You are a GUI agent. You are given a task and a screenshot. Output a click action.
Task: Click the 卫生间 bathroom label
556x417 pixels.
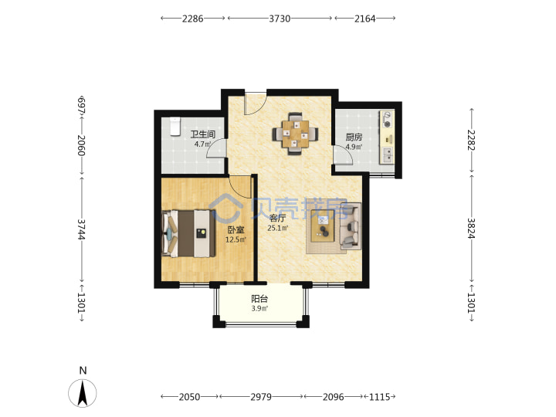203,134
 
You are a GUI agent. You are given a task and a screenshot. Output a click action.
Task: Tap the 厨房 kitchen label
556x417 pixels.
354,137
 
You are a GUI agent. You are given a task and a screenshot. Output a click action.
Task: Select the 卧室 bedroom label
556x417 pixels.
236,230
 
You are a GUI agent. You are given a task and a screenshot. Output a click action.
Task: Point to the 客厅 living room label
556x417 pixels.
277,218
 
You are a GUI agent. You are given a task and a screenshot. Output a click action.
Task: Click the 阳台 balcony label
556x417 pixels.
259,299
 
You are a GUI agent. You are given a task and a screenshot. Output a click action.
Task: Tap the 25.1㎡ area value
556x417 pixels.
278,228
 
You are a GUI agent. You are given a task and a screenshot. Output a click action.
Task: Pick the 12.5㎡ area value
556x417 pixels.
236,239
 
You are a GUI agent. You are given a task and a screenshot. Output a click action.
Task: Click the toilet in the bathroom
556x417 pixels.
175,126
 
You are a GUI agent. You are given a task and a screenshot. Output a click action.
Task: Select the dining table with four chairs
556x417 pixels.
295,134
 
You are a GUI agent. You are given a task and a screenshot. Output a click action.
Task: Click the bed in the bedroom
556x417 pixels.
188,233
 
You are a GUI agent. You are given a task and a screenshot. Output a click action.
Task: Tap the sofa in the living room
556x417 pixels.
351,225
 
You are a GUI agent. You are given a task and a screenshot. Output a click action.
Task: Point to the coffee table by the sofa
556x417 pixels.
324,225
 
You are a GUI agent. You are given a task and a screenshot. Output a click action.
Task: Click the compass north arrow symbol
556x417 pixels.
83,392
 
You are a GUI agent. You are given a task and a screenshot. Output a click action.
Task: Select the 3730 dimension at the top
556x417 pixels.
280,19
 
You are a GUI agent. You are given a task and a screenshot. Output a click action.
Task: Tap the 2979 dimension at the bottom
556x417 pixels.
261,397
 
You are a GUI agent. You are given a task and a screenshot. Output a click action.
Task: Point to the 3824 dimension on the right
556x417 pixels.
471,228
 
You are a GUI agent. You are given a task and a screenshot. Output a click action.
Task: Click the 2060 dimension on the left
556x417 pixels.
82,145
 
